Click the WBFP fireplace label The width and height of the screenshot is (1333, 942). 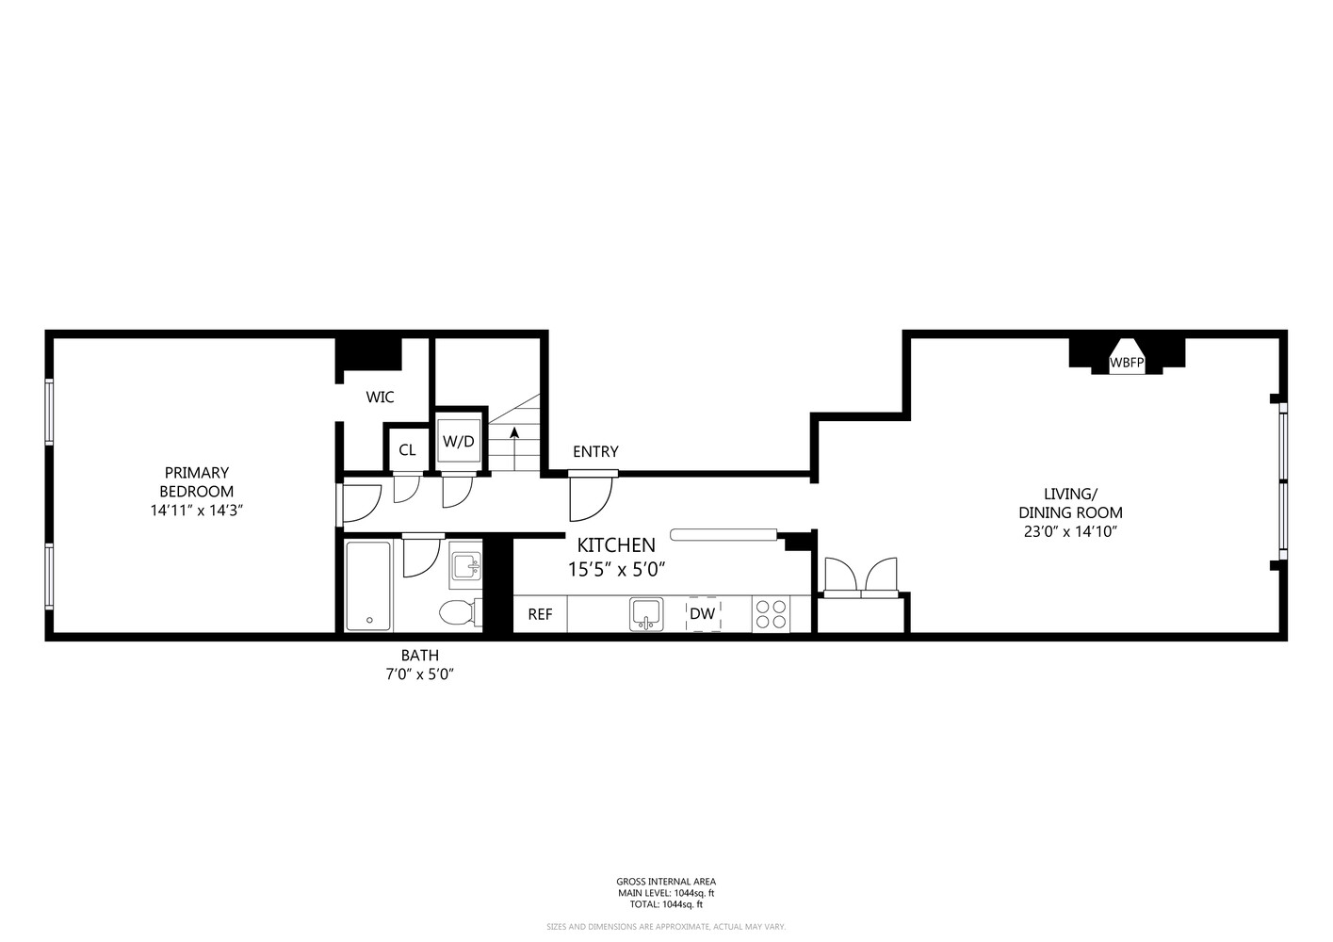point(1126,363)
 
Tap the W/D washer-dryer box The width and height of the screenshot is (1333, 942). point(460,441)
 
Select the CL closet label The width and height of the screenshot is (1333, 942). point(407,450)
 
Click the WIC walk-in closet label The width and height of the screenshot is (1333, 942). point(380,398)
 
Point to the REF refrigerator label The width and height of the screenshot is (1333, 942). point(540,614)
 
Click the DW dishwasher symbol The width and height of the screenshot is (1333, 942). point(703,614)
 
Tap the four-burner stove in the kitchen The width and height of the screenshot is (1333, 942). point(771,614)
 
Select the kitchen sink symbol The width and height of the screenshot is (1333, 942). point(645,614)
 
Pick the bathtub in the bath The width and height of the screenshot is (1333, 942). point(368,586)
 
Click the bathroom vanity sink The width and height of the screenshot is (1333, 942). point(465,566)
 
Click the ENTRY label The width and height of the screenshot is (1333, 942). point(595,452)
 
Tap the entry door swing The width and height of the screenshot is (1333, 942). point(591,498)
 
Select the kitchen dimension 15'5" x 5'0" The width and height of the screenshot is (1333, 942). point(616,569)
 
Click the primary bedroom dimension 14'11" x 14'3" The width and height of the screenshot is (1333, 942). point(196,510)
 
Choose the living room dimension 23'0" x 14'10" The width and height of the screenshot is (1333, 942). point(1070,531)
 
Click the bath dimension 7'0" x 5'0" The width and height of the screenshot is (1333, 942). point(420,674)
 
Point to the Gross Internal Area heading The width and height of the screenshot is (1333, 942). point(666,882)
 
